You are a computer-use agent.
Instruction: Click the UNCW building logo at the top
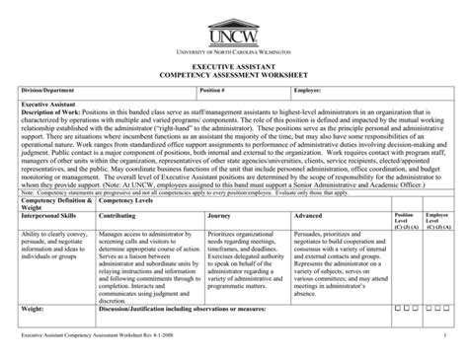point(234,33)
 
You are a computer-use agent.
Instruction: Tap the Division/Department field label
point(50,90)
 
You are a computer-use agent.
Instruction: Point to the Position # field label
point(213,90)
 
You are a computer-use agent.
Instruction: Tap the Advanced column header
point(308,214)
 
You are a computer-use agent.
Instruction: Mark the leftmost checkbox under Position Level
point(396,307)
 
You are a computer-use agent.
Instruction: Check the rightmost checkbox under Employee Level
point(447,307)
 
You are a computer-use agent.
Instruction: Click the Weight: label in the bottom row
point(35,307)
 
